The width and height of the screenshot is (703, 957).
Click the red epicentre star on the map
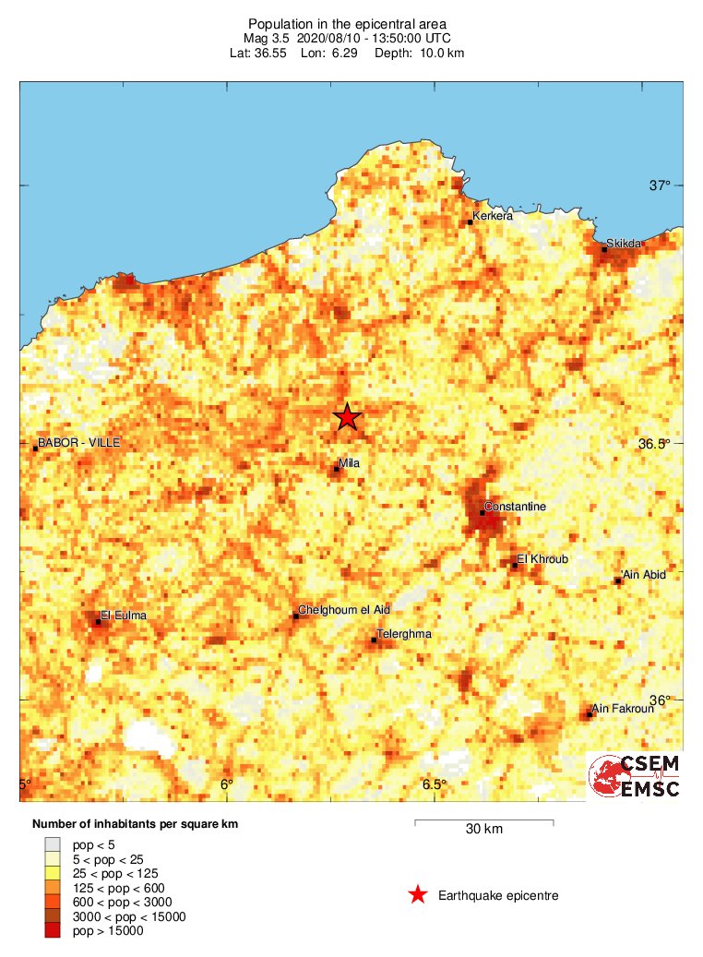[347, 417]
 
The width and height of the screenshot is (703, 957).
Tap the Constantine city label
[516, 507]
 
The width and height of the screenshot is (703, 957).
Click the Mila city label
[350, 463]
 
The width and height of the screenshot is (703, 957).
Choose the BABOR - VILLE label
[79, 443]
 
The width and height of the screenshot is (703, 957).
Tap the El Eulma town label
[124, 616]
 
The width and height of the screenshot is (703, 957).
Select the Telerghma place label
[404, 634]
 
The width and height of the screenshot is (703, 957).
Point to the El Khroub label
[542, 559]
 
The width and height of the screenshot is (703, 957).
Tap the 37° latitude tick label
[660, 185]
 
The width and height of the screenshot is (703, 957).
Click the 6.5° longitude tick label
[435, 784]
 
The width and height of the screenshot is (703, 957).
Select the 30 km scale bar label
[483, 829]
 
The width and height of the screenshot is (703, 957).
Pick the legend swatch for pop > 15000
[53, 931]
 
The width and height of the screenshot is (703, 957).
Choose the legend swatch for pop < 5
[53, 843]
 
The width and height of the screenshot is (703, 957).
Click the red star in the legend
[418, 894]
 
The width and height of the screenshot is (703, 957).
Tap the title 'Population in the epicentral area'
[347, 23]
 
